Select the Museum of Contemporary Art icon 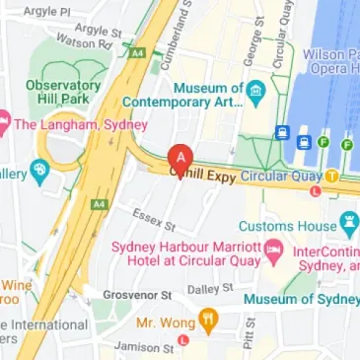coord(256,94)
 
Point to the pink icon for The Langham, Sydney coord(3,124)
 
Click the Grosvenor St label coord(137,294)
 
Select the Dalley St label coord(210,289)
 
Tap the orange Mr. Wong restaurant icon coord(208,321)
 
